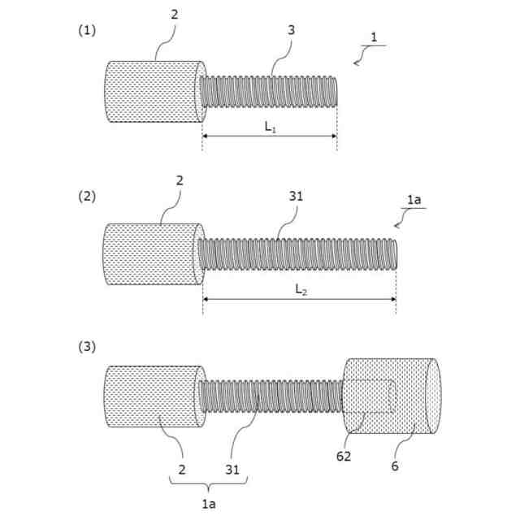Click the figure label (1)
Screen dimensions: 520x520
click(87, 30)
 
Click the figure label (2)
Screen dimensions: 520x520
click(87, 196)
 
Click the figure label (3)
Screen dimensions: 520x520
click(87, 347)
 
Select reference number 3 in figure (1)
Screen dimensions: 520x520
click(291, 30)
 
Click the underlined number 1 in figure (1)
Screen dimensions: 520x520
click(373, 38)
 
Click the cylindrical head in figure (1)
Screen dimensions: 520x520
click(153, 91)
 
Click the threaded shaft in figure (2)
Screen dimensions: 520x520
click(297, 253)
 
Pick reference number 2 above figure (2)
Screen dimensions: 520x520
click(179, 180)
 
